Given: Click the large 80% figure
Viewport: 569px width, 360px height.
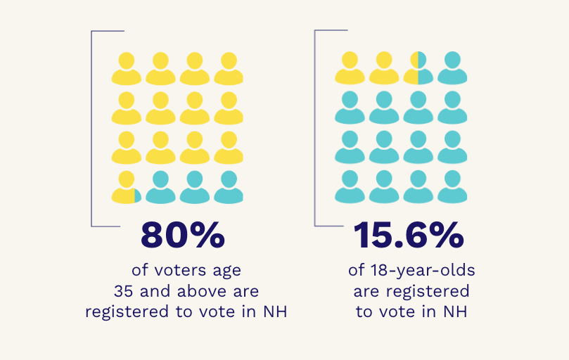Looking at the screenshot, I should click(183, 236).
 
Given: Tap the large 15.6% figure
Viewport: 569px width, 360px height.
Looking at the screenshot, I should click(409, 236).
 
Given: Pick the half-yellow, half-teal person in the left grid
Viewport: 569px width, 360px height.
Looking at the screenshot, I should click(127, 188).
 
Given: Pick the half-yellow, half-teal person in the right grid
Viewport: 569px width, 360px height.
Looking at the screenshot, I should click(418, 68).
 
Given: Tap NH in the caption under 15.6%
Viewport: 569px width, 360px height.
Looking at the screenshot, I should click(454, 311).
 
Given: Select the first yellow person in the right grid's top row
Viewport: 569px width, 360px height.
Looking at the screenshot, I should click(350, 68).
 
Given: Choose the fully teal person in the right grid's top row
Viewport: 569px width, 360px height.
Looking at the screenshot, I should click(452, 68).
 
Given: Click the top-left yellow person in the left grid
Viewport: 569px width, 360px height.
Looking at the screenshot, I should click(127, 68).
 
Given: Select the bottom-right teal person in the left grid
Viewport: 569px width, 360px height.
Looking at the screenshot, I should click(229, 188).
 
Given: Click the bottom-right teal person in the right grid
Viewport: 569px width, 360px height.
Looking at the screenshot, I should click(452, 188).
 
